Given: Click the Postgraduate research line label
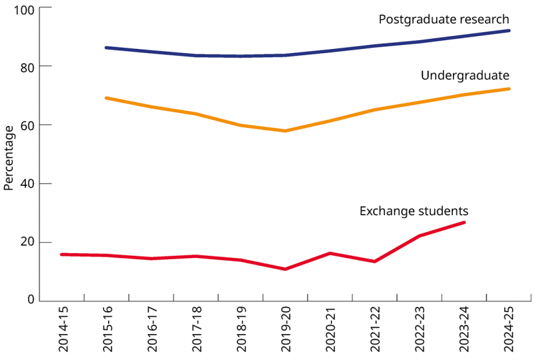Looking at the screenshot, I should [x=444, y=19].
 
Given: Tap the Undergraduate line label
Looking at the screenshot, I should [x=465, y=75].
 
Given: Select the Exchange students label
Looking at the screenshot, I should [x=414, y=210].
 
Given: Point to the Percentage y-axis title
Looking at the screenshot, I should [x=9, y=157].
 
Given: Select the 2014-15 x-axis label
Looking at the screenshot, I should [x=63, y=329].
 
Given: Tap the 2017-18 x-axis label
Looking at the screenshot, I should [x=196, y=329].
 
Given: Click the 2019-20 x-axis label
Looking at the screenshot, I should [x=285, y=329].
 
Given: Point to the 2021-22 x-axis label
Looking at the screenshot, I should [x=374, y=329].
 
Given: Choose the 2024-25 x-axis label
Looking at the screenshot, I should [x=508, y=329].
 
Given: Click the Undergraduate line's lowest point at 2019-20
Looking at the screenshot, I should [x=285, y=131].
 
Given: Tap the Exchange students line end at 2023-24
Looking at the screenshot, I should [x=464, y=223].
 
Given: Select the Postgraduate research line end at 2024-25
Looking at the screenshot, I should [x=509, y=31].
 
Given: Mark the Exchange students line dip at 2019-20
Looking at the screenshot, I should [x=285, y=269].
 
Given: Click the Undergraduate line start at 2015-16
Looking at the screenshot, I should [x=107, y=98].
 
